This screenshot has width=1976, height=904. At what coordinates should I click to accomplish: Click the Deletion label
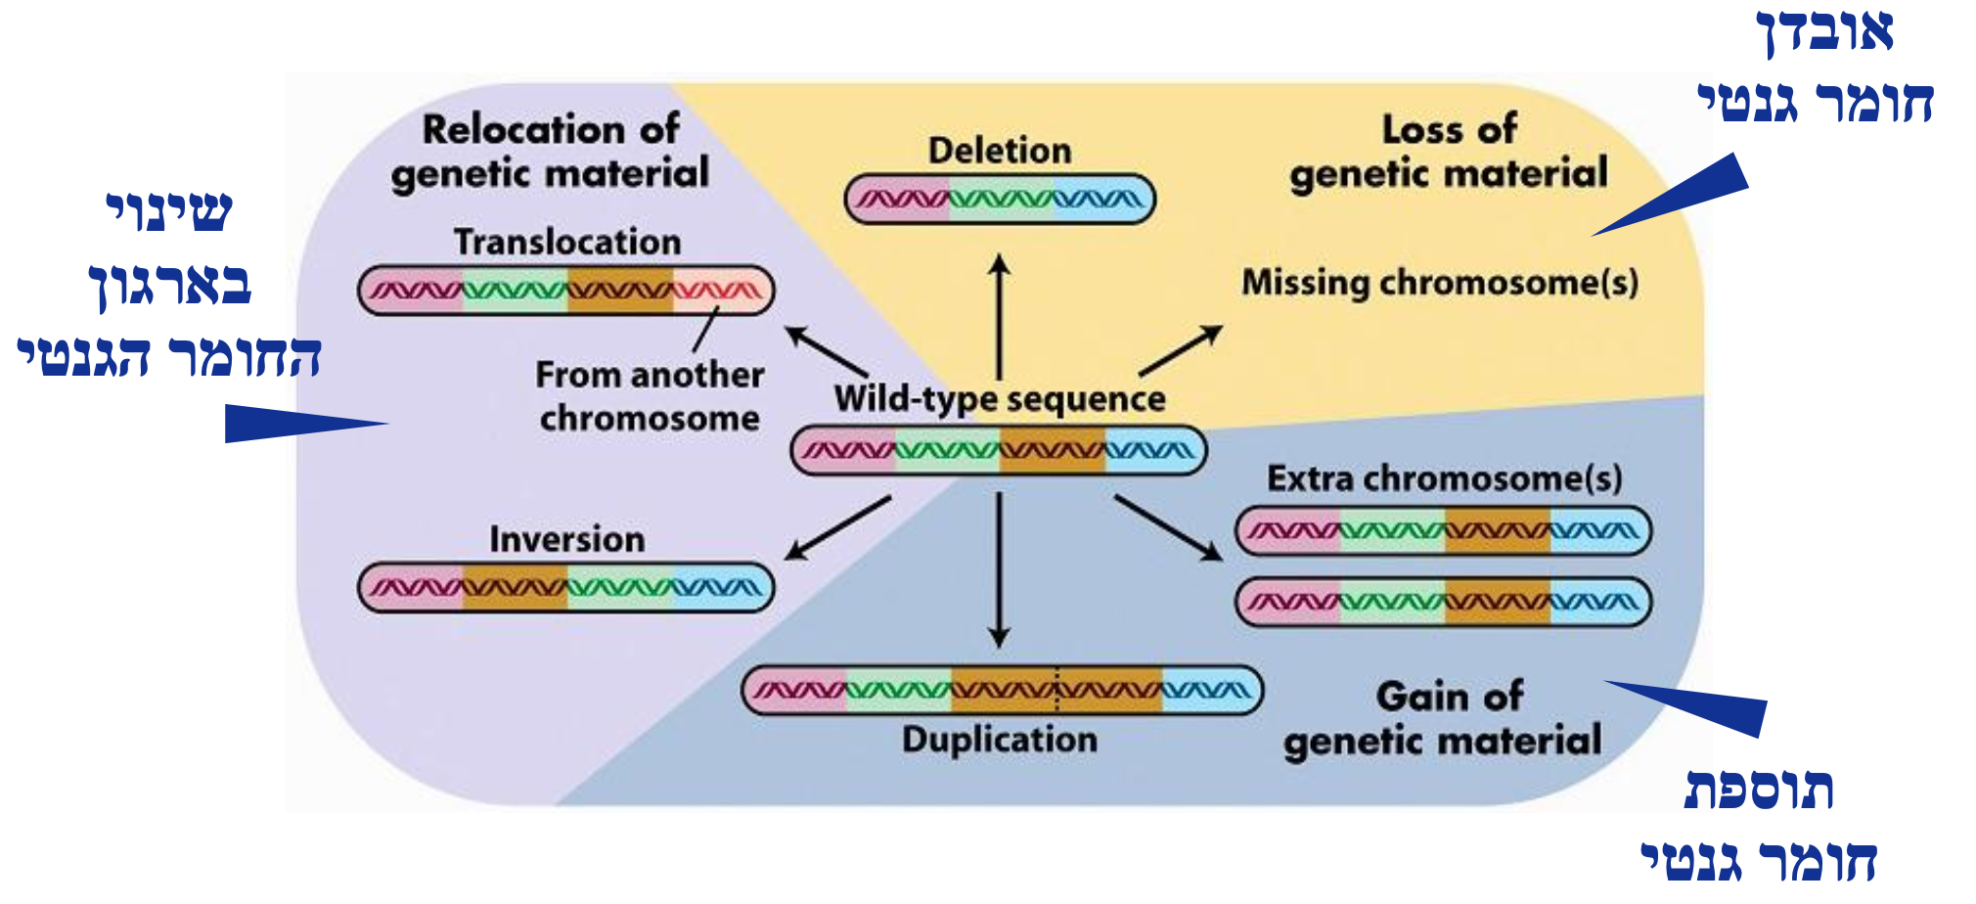[999, 151]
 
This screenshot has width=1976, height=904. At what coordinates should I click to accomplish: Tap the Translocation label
[567, 242]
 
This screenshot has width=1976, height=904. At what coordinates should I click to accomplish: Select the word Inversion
[566, 539]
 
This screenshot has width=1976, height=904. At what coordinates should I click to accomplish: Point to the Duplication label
[999, 740]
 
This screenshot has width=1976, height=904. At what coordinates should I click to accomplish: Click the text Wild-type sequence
[999, 399]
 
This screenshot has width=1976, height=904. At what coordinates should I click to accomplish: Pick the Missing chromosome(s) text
[1439, 283]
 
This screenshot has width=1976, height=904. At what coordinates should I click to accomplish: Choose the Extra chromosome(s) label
[1444, 478]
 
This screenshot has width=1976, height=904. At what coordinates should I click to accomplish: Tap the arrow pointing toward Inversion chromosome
[837, 528]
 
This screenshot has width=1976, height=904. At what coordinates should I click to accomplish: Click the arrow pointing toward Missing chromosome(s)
[1180, 351]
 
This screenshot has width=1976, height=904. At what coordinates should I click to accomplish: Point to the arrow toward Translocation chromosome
[827, 351]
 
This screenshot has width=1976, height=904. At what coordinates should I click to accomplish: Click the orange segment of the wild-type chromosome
[1052, 451]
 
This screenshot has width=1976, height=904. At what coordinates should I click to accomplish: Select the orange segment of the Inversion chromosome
[515, 588]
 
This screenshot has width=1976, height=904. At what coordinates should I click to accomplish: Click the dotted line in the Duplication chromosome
[1056, 691]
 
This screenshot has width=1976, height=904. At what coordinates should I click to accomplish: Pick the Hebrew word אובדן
[1825, 31]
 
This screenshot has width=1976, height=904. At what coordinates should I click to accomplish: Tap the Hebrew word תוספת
[1758, 790]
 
